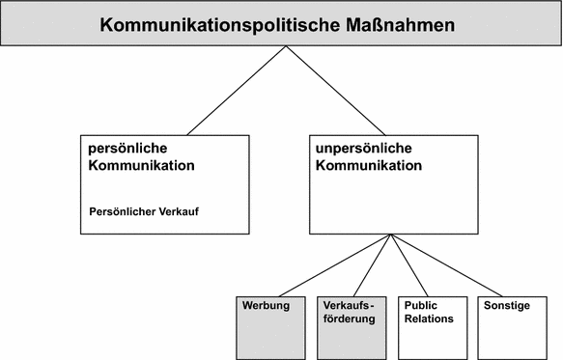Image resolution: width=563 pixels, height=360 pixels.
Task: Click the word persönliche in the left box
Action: (127, 150)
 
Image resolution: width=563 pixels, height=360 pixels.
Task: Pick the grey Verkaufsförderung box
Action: (352, 328)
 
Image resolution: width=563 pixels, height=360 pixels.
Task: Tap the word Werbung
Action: (265, 305)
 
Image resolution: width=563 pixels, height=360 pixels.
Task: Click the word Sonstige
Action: (507, 305)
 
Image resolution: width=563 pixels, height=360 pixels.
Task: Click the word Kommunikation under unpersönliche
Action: (368, 165)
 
